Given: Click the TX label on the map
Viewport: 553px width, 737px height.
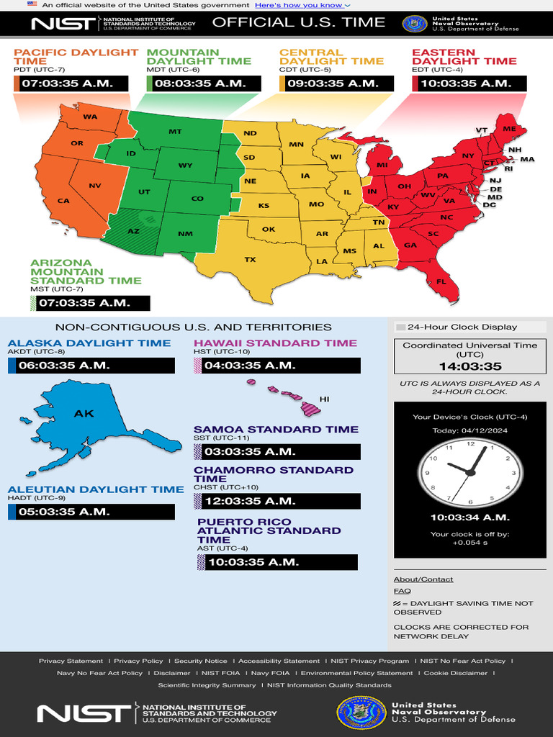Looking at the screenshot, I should pos(250,260).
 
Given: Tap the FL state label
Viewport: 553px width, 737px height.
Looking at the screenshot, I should pos(441,281).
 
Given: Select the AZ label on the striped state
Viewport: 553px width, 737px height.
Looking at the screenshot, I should pos(133,231).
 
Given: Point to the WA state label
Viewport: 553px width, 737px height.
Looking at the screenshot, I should pos(90,117).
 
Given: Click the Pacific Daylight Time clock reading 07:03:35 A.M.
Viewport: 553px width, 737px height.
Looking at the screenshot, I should pos(71,83).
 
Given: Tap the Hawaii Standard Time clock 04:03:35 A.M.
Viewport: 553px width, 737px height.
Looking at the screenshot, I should pos(277,366).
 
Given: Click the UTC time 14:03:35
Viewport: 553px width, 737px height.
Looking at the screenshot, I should pos(470,366).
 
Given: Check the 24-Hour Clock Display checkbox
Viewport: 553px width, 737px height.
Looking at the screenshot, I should pos(401,327).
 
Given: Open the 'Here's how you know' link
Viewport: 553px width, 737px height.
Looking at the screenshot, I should pos(302,5).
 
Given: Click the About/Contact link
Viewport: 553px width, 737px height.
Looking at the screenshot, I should pos(423,579).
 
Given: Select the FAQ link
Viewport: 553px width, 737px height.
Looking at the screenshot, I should pos(402,591).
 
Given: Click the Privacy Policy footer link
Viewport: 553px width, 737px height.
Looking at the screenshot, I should pos(138,661).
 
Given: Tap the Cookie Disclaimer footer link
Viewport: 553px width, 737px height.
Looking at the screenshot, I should pos(455,673).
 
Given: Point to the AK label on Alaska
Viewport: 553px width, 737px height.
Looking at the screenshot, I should pos(84,414).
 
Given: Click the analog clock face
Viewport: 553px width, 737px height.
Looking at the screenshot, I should pos(470,471).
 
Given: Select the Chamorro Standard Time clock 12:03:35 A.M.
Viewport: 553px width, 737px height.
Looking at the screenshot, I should pos(277,501).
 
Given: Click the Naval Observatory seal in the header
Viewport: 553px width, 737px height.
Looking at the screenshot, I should pos(414,24).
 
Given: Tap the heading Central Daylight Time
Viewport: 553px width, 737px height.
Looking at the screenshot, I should pos(331,57).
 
